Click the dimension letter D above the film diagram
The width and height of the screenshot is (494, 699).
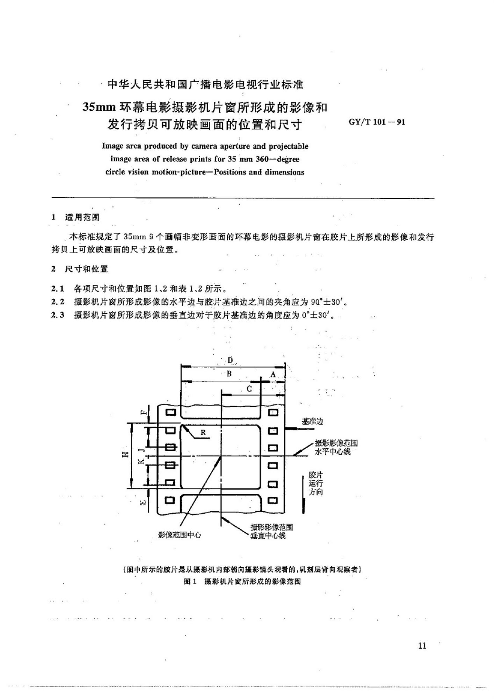pyautogui.click(x=230, y=360)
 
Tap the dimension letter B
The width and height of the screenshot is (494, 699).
pyautogui.click(x=229, y=374)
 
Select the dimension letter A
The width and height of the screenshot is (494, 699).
pyautogui.click(x=273, y=375)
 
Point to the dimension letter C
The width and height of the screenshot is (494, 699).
pyautogui.click(x=249, y=389)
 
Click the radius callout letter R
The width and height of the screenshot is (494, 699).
pyautogui.click(x=203, y=433)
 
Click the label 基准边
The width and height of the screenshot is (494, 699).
pyautogui.click(x=312, y=421)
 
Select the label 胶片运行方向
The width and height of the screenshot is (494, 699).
pyautogui.click(x=315, y=483)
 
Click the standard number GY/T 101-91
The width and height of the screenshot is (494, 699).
pyautogui.click(x=377, y=122)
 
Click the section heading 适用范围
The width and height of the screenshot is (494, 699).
pyautogui.click(x=82, y=217)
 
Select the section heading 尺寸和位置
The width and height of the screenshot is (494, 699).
pyautogui.click(x=86, y=269)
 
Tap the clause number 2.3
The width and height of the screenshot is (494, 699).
pyautogui.click(x=58, y=315)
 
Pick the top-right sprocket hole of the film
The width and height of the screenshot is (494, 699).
pyautogui.click(x=273, y=413)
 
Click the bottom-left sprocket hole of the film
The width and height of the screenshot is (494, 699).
pyautogui.click(x=170, y=500)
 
